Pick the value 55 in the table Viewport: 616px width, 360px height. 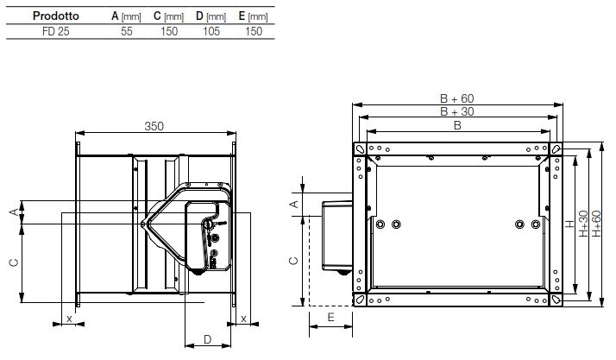[x=126, y=30]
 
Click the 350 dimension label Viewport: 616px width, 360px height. [x=154, y=126]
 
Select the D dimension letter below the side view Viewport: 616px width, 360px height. [x=207, y=339]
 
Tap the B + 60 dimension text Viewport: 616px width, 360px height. [x=455, y=98]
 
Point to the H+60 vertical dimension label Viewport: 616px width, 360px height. [x=594, y=224]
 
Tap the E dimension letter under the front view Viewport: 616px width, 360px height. [x=330, y=319]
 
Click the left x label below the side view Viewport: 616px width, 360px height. [x=68, y=319]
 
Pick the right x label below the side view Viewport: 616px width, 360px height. [x=244, y=319]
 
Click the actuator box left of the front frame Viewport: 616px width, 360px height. [x=336, y=237]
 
